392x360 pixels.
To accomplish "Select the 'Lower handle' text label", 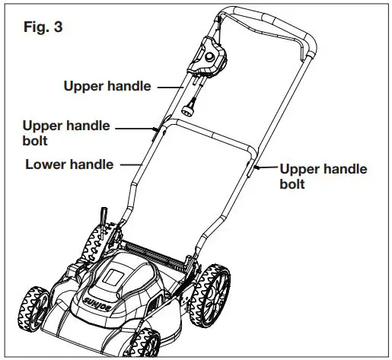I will click(69, 164).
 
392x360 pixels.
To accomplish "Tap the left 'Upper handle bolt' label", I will click(66, 132).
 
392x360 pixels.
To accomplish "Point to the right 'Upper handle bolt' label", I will click(323, 176).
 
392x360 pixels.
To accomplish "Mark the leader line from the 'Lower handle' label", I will click(129, 164).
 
